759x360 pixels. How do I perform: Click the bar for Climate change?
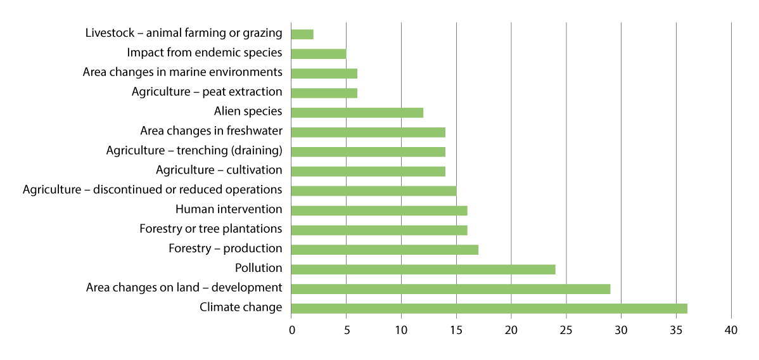coord(489,309)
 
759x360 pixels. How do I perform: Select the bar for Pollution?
coord(423,269)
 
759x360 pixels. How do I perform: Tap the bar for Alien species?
coord(357,113)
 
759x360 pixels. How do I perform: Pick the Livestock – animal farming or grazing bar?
coord(302,34)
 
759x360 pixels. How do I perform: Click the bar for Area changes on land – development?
coord(450,289)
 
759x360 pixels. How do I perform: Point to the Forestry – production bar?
coord(385,250)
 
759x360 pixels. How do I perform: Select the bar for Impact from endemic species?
coord(319,54)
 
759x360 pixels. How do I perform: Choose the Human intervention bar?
coord(379,210)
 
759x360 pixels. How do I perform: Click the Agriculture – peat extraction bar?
coord(324,93)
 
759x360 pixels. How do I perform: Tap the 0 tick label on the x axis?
coord(291,330)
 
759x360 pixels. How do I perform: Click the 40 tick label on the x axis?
coord(731,330)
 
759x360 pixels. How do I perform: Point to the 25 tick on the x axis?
coord(566,330)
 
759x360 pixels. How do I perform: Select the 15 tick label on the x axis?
coord(456,330)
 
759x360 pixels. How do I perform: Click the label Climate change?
coord(241,307)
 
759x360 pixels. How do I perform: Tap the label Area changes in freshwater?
coord(211,131)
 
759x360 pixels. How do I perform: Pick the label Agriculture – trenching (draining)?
coord(194,151)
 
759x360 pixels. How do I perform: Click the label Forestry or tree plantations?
coord(210,228)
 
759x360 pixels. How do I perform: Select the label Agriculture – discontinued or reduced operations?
coord(152,190)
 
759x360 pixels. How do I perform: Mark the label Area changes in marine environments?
coord(182,72)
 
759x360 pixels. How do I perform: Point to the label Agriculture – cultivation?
coord(219,170)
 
